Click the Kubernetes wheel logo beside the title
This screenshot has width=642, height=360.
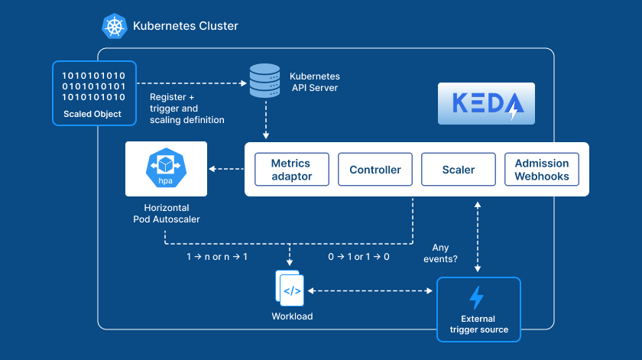(x=115, y=26)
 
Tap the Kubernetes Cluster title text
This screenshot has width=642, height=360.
(x=186, y=26)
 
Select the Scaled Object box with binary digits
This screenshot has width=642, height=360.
(x=93, y=92)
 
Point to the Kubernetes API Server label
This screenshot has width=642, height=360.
(x=314, y=82)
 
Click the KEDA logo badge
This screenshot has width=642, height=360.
(x=485, y=104)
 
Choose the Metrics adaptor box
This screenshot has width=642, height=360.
(x=291, y=170)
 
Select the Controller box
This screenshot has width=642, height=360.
(x=375, y=170)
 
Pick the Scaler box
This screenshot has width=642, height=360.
(x=459, y=170)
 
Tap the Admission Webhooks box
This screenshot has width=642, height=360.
(x=542, y=170)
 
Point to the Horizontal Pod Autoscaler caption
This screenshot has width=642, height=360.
(x=166, y=213)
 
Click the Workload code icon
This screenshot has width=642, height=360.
(x=292, y=290)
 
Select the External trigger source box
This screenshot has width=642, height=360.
(x=478, y=309)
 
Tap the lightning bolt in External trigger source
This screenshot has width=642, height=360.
(x=477, y=297)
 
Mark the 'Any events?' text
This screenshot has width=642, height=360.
(x=441, y=253)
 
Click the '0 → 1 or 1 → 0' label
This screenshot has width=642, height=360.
(x=359, y=257)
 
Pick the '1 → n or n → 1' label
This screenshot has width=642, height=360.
(x=217, y=257)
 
